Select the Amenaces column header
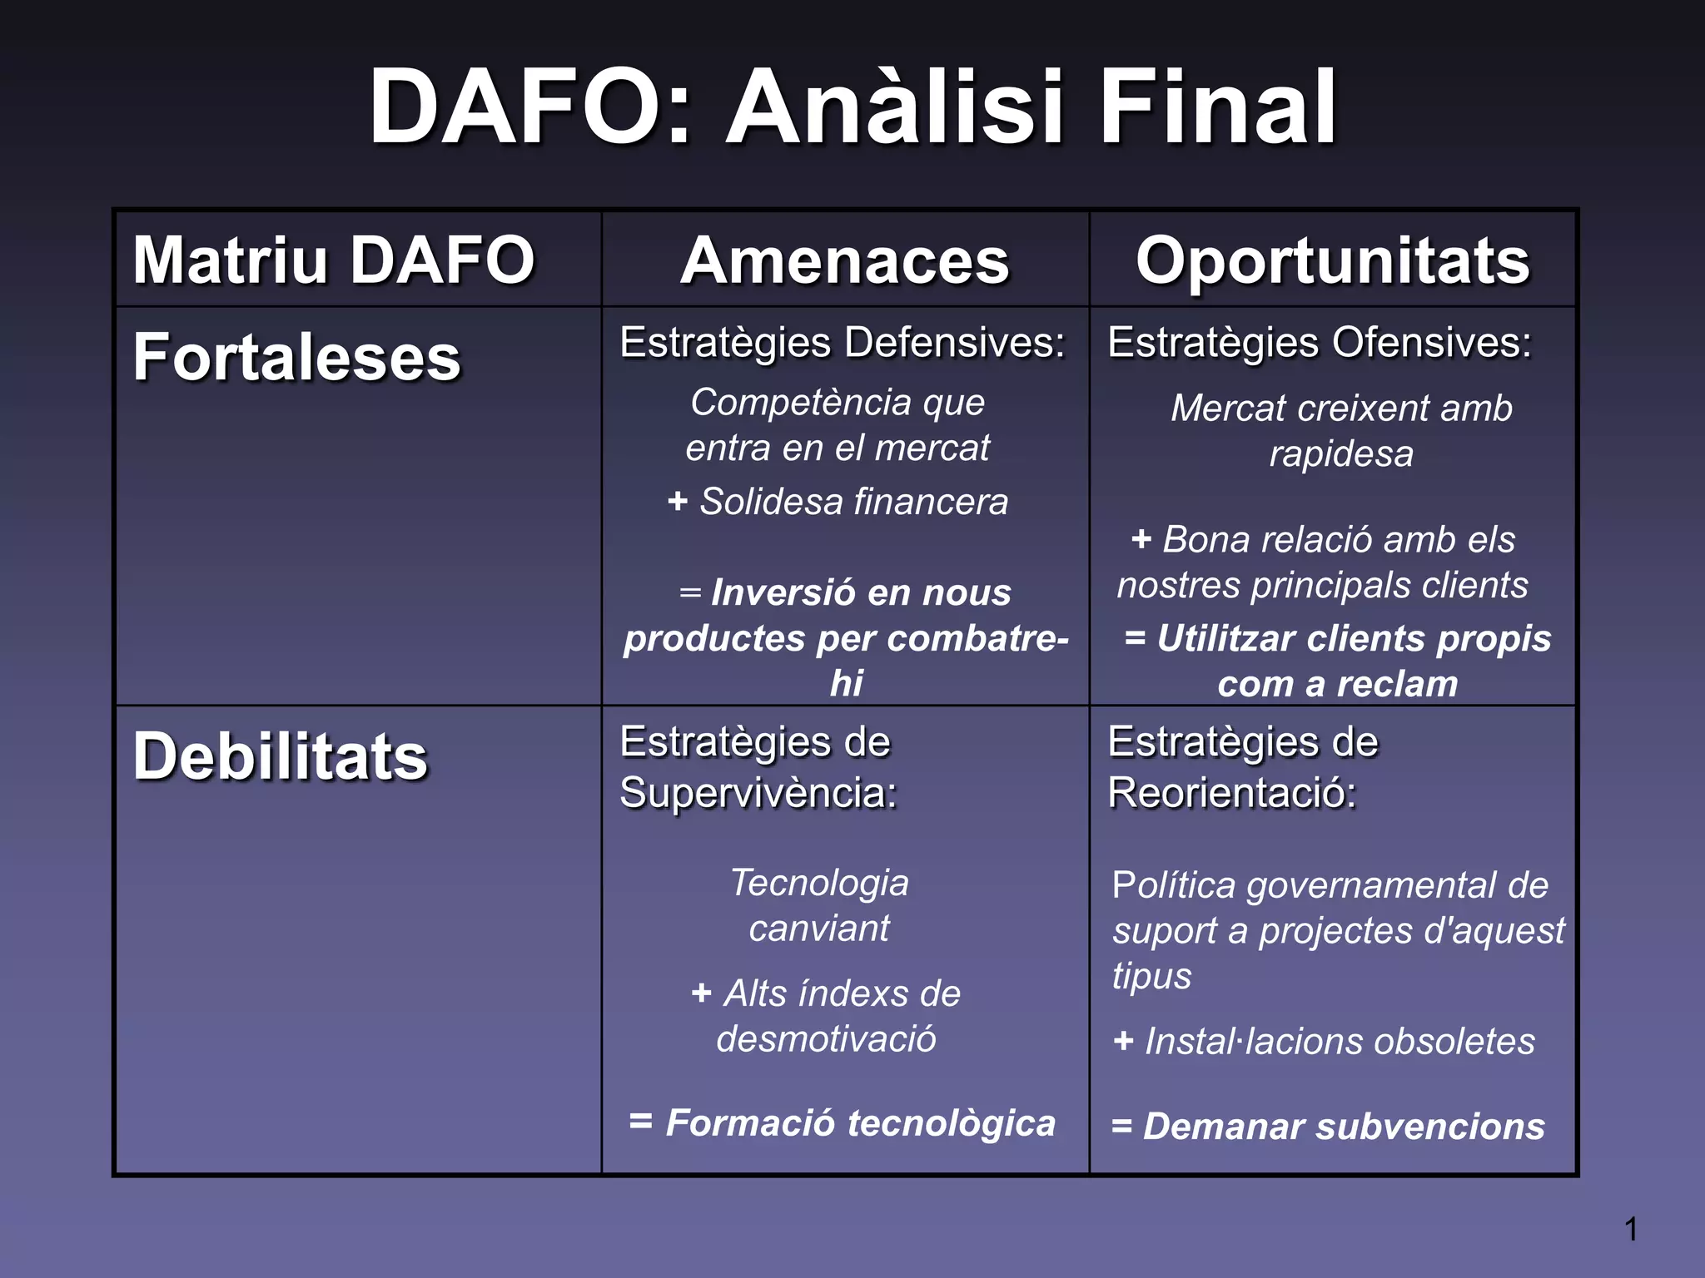click(844, 261)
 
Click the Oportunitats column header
click(1332, 261)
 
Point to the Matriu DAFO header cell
click(333, 260)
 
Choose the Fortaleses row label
click(296, 358)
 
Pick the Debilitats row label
click(280, 757)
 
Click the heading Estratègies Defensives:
click(842, 343)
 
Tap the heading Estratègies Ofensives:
click(1320, 343)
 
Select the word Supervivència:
click(758, 792)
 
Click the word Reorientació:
click(1231, 792)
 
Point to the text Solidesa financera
click(852, 502)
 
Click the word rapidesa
click(1340, 454)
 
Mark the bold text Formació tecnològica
click(860, 1123)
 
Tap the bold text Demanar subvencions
click(1343, 1127)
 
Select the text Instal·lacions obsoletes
click(1339, 1042)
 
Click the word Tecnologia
click(819, 884)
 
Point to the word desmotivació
click(826, 1039)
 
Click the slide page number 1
click(1631, 1229)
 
